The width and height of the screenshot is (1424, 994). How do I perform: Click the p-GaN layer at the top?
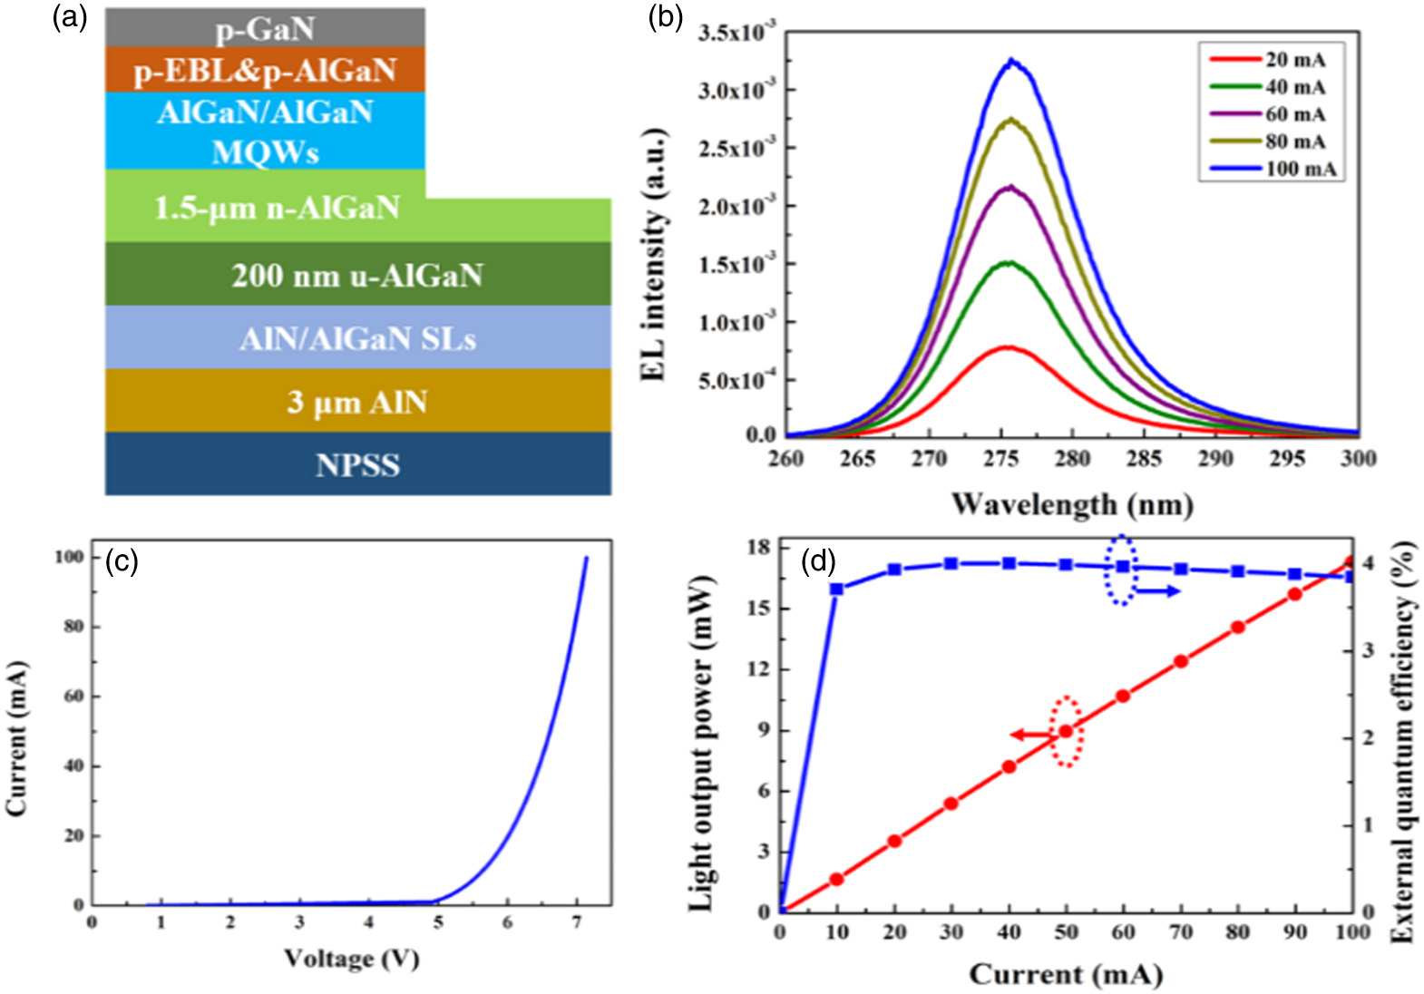point(265,28)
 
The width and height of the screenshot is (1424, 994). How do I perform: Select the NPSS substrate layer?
point(357,464)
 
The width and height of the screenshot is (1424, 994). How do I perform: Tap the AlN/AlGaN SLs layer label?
point(357,338)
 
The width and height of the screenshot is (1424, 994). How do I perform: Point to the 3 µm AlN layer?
point(357,401)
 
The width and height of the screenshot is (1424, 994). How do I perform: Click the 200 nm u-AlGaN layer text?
point(357,275)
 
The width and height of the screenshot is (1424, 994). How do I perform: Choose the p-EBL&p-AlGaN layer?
point(265,70)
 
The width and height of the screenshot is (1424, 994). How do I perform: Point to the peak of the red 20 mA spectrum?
point(1007,347)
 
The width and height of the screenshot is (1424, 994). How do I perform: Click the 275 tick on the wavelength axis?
point(1000,459)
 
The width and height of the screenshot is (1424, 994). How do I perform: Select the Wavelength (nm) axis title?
point(1071,503)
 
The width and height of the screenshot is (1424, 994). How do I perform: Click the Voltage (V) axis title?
point(351,959)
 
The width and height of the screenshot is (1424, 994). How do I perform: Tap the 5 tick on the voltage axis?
point(438,923)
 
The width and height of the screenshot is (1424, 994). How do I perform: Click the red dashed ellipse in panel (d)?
point(1067,731)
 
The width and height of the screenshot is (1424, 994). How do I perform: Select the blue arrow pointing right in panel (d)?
point(1157,591)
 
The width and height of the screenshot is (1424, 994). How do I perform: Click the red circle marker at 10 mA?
point(836,879)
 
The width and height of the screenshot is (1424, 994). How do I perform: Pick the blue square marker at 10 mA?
point(836,589)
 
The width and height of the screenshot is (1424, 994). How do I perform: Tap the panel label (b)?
point(665,17)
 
